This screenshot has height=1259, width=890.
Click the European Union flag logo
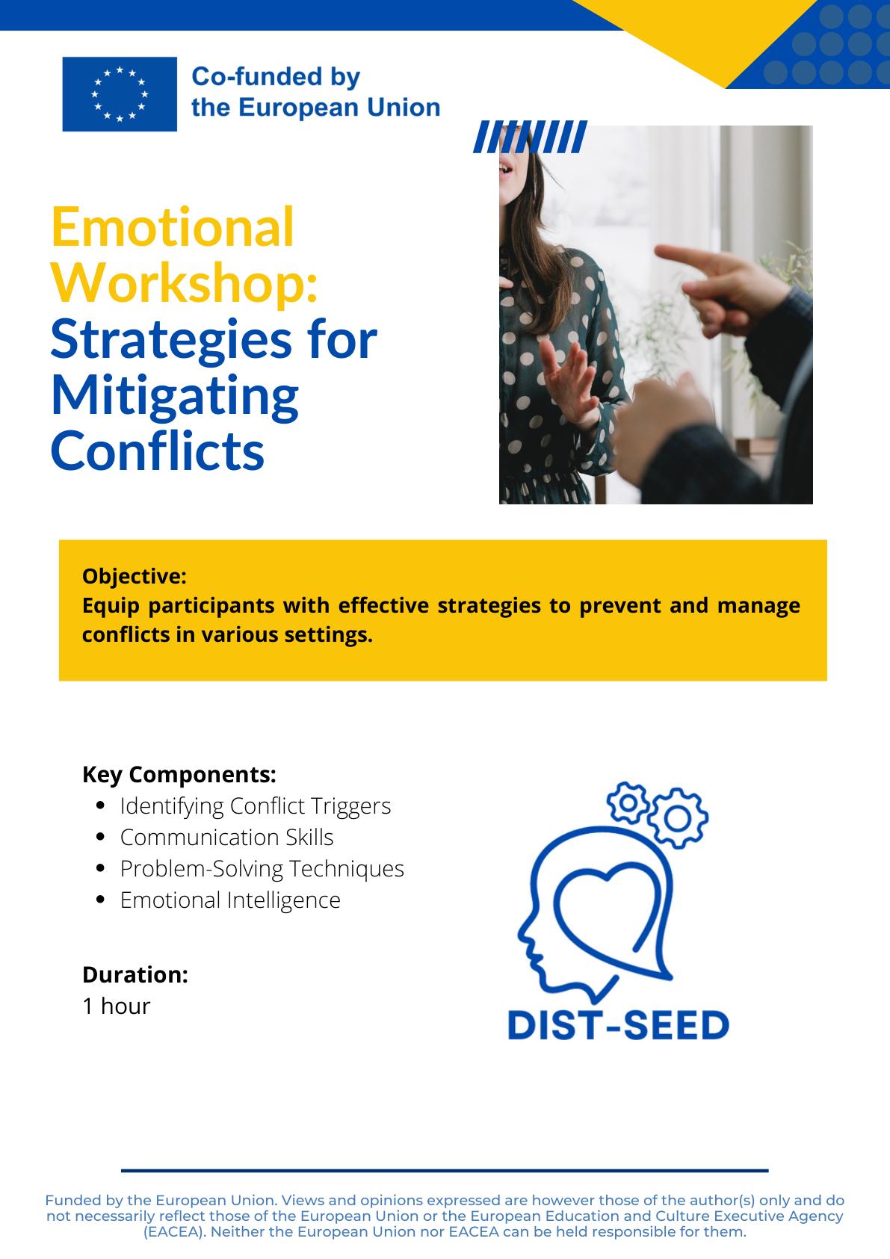coord(120,94)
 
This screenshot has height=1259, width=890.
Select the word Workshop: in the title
coord(185,284)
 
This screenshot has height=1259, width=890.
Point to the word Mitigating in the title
coord(175,398)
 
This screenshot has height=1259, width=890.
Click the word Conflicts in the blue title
coord(158,451)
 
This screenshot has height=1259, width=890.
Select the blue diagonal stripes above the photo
coord(530,137)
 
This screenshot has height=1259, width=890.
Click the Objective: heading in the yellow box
coord(135,576)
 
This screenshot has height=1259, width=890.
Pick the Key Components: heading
coord(179,774)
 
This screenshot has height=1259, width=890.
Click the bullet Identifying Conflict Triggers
coord(256,806)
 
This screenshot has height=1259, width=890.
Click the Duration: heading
coord(135,974)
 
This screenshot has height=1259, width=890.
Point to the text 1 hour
coord(117,1006)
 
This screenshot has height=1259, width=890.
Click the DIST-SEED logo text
coord(619,1025)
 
